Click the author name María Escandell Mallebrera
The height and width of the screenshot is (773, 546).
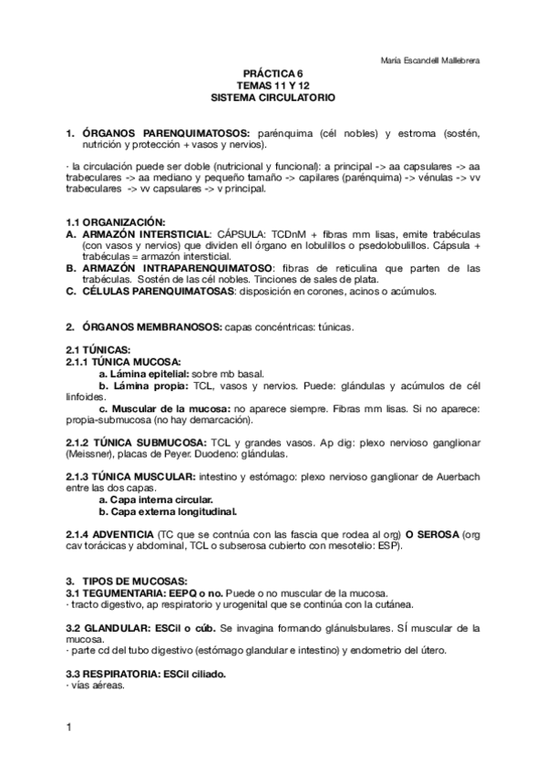click(x=428, y=61)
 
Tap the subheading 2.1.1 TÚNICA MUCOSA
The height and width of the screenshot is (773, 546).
click(x=123, y=362)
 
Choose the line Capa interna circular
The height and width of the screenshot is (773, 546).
click(x=156, y=500)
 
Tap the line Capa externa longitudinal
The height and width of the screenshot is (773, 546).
click(x=161, y=511)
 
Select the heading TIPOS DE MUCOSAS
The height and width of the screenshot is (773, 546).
click(x=134, y=581)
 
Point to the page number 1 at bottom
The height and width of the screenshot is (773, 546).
click(x=68, y=727)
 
